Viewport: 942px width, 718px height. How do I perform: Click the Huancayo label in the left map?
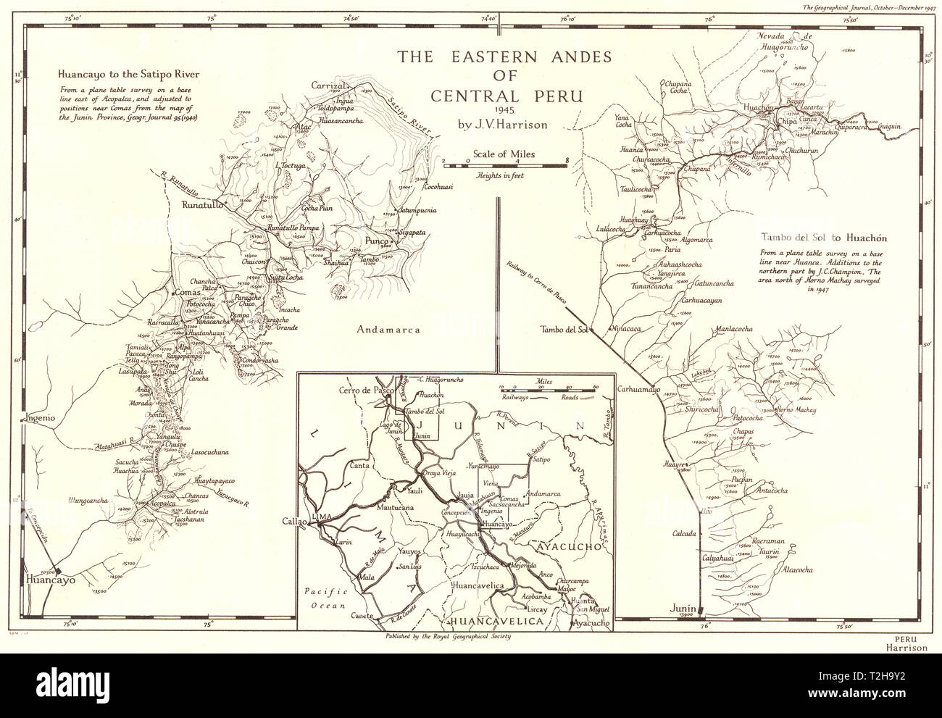tap(51, 580)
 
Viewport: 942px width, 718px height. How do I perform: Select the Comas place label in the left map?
tap(187, 293)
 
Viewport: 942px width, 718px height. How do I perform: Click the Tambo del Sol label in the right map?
tap(564, 330)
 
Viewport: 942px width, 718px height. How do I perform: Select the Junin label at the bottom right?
tap(683, 609)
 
